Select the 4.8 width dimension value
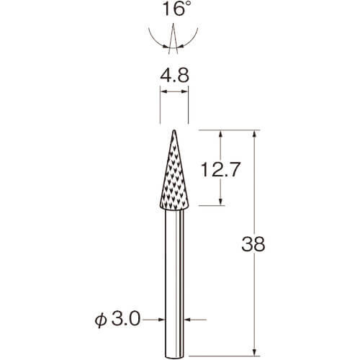175,75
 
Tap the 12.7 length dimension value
220,169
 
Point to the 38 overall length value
253,244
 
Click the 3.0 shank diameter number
126,320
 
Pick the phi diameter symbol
101,321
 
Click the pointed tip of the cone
174,130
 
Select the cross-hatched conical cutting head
174,170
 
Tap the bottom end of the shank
174,357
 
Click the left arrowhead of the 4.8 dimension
163,91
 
